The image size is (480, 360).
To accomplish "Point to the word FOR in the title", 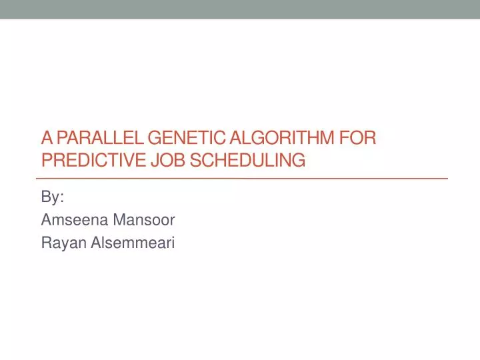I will pos(355,139).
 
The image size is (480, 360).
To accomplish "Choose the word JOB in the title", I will pos(168,160).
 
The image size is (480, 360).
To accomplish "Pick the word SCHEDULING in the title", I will pos(249,160).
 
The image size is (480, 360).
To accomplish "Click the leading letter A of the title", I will pos(46,139).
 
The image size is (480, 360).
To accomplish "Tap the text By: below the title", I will pos(52,197).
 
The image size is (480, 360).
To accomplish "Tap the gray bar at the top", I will pos(240,9).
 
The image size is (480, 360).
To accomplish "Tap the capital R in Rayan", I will pos(46,244).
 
